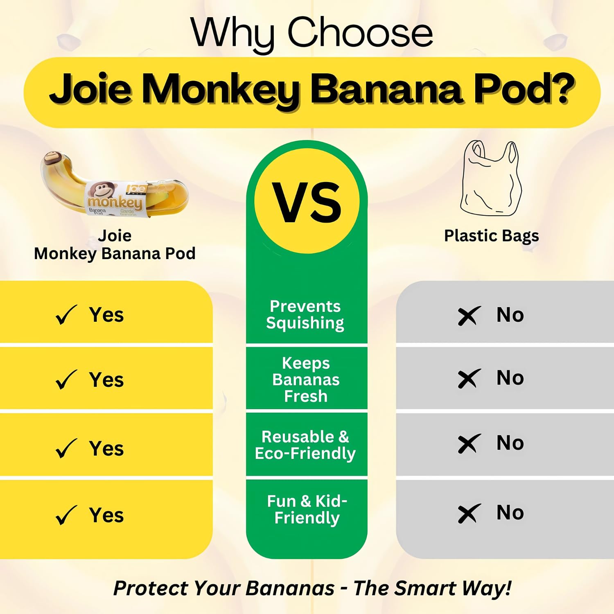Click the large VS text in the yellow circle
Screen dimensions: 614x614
(307, 203)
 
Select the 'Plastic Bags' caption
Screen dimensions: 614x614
(491, 236)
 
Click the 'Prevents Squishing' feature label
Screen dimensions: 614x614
(305, 314)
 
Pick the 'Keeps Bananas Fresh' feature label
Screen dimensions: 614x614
(306, 379)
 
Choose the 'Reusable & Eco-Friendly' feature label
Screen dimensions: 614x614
(305, 445)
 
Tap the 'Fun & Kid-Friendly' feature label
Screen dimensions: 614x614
(307, 509)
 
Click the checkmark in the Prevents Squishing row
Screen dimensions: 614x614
(66, 315)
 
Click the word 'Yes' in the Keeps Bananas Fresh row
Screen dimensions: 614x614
(106, 380)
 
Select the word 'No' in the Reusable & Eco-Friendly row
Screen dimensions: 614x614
(510, 443)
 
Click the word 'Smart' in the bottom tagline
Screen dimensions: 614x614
(426, 588)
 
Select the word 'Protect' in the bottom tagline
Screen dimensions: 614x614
(150, 588)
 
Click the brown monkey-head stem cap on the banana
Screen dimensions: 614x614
(51, 158)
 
